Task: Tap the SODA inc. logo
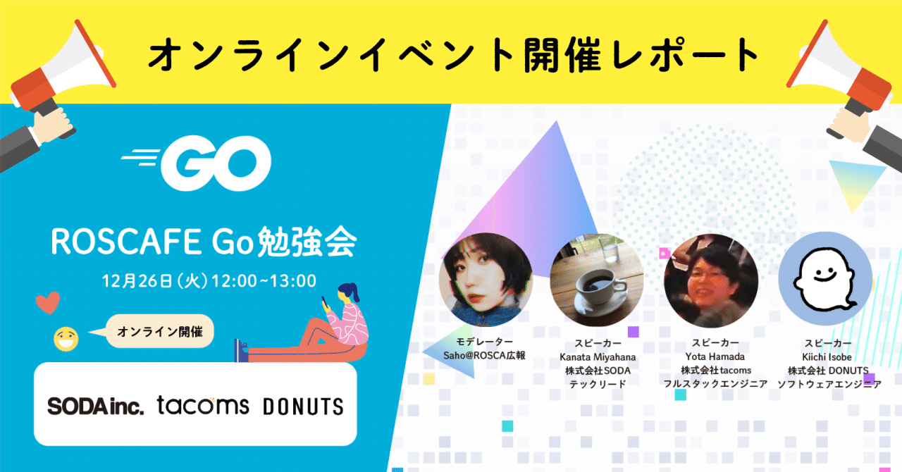[95, 406]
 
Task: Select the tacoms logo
[203, 405]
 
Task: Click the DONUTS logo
[303, 406]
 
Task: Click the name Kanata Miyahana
[595, 356]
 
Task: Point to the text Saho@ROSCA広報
[484, 356]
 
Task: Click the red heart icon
[48, 303]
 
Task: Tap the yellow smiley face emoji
[66, 340]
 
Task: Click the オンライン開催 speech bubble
[160, 332]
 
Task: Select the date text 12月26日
[137, 280]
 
